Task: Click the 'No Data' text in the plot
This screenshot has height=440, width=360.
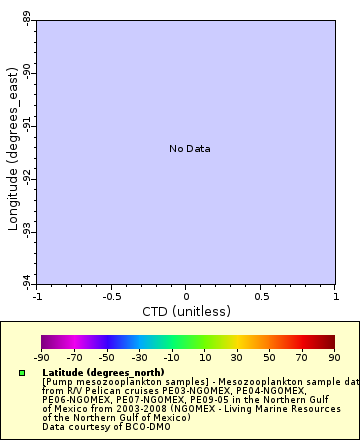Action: (x=189, y=149)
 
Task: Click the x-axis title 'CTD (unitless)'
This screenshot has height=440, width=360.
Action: (x=186, y=311)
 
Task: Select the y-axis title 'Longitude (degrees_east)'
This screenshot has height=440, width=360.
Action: (x=13, y=150)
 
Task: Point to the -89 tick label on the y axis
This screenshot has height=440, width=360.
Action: (x=26, y=18)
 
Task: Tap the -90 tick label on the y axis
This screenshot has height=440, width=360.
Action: (x=26, y=72)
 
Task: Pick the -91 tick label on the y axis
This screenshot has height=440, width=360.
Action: (x=26, y=125)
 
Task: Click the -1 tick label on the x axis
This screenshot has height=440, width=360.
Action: (x=37, y=296)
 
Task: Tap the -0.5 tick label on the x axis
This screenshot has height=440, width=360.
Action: (x=111, y=296)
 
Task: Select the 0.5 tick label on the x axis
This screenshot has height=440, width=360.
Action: (x=260, y=296)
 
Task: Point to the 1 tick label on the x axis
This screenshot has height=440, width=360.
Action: (x=334, y=296)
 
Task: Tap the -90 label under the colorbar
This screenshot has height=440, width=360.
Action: (x=41, y=357)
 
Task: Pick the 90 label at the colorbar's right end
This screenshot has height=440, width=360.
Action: (x=334, y=357)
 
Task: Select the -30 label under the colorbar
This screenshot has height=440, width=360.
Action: (x=139, y=357)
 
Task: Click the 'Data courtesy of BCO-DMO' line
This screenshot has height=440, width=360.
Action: (x=94, y=427)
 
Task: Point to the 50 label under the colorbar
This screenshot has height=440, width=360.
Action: (x=269, y=357)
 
